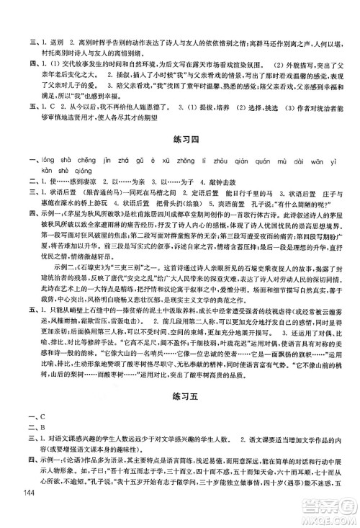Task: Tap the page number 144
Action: pyautogui.click(x=29, y=512)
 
